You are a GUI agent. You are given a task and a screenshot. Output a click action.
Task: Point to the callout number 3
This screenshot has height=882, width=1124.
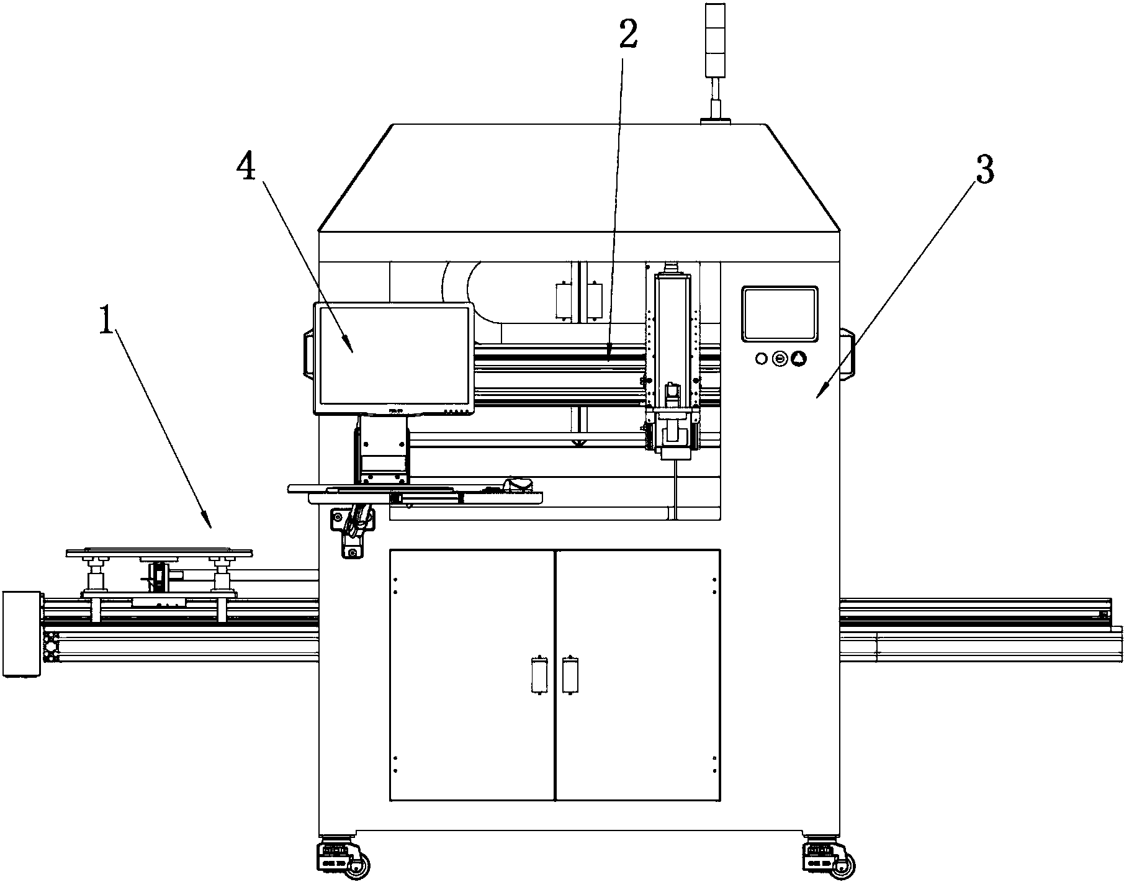984,169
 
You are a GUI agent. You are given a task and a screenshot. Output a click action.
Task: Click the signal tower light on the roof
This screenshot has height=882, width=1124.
716,62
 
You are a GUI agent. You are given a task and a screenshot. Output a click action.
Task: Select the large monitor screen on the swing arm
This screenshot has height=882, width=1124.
394,358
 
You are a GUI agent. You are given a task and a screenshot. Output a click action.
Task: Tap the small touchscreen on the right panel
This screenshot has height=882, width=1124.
780,314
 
